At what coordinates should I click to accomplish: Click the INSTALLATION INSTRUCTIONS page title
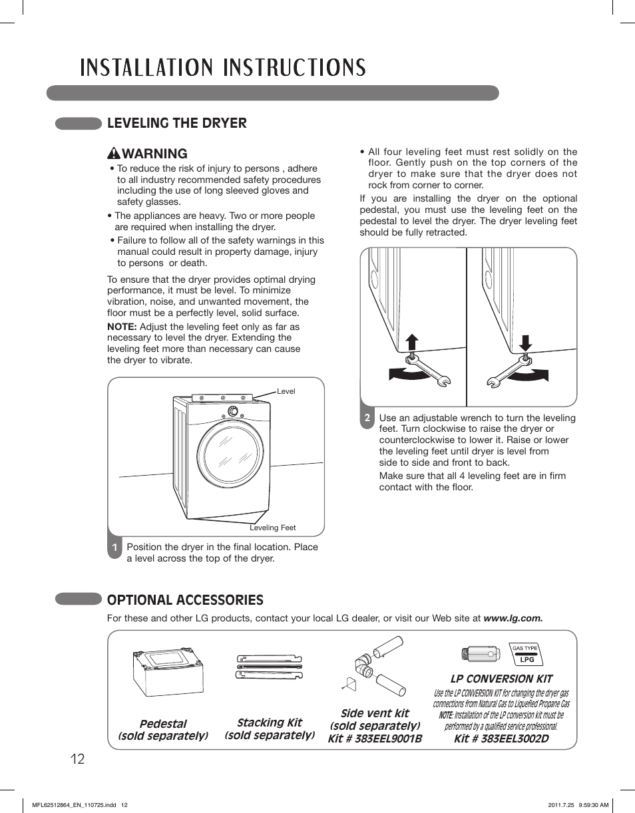[223, 68]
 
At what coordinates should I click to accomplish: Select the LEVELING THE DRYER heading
[176, 122]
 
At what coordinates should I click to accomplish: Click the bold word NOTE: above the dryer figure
[122, 327]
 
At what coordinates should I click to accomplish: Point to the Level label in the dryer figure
[286, 391]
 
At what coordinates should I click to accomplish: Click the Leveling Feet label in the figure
[272, 528]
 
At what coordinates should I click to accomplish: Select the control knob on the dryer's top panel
[233, 410]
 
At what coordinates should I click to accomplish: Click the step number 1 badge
[115, 548]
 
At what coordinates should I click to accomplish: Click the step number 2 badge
[367, 418]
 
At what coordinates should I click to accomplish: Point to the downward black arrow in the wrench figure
[525, 343]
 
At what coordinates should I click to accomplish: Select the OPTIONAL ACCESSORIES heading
[185, 599]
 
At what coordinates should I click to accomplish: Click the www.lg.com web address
[513, 618]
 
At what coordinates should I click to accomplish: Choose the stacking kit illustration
[269, 667]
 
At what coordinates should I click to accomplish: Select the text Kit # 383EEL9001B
[375, 738]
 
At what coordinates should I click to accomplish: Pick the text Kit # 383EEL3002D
[501, 738]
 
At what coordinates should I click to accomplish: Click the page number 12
[77, 759]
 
